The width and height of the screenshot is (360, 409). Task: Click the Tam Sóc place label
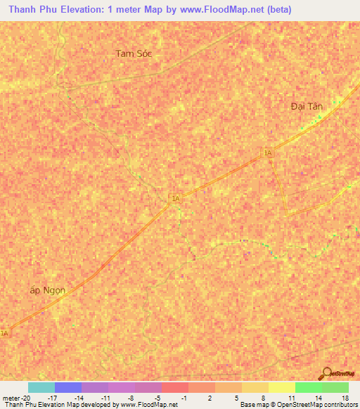pos(134,53)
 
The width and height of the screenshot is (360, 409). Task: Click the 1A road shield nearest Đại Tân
pos(267,152)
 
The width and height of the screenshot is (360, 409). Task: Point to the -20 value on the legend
pos(25,398)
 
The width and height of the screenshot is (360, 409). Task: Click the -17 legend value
pos(52,398)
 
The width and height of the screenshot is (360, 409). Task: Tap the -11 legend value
pos(105,398)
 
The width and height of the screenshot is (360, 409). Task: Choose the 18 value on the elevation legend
pos(345,398)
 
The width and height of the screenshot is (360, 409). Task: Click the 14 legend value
pos(319,398)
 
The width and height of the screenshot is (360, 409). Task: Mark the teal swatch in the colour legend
pos(41,387)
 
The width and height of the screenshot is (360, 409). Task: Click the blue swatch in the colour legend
pos(68,387)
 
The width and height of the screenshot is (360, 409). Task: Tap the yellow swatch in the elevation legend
pos(282,387)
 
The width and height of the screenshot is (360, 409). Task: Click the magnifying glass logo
pos(326,372)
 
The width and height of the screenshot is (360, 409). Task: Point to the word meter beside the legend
pos(10,398)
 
